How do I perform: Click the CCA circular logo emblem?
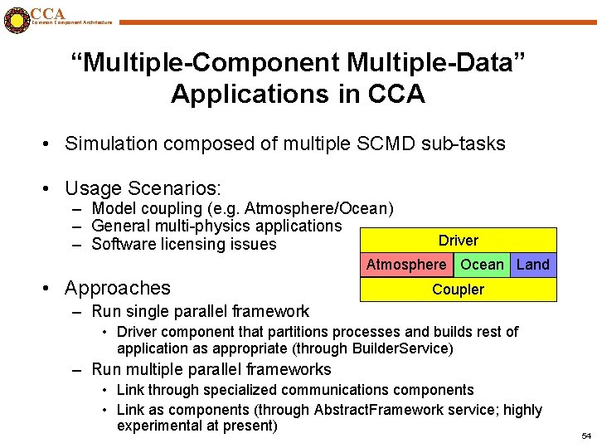pos(15,19)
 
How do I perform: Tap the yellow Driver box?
pos(459,241)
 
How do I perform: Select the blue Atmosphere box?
pos(405,265)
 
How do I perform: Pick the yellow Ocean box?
pos(482,265)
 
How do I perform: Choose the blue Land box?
pos(533,265)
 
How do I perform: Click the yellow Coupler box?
pos(459,290)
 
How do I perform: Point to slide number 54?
pos(587,436)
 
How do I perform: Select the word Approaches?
pos(117,288)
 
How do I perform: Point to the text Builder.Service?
pos(402,348)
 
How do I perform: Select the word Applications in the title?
pos(234,94)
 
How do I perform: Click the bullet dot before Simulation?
pos(48,144)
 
